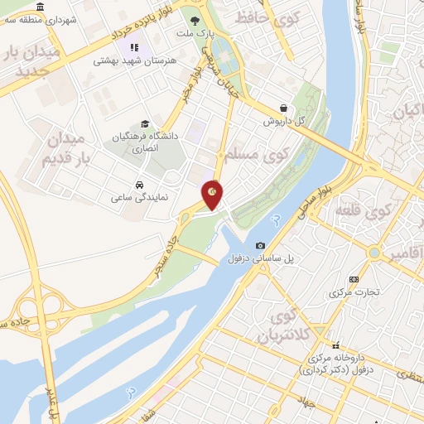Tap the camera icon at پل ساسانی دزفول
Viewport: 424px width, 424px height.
pyautogui.click(x=261, y=245)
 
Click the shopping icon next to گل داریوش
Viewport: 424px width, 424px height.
pyautogui.click(x=284, y=108)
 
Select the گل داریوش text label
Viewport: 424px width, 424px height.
pyautogui.click(x=284, y=121)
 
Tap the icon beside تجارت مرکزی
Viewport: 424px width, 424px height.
pyautogui.click(x=354, y=279)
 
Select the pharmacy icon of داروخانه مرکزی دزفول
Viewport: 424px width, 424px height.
pyautogui.click(x=335, y=345)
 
